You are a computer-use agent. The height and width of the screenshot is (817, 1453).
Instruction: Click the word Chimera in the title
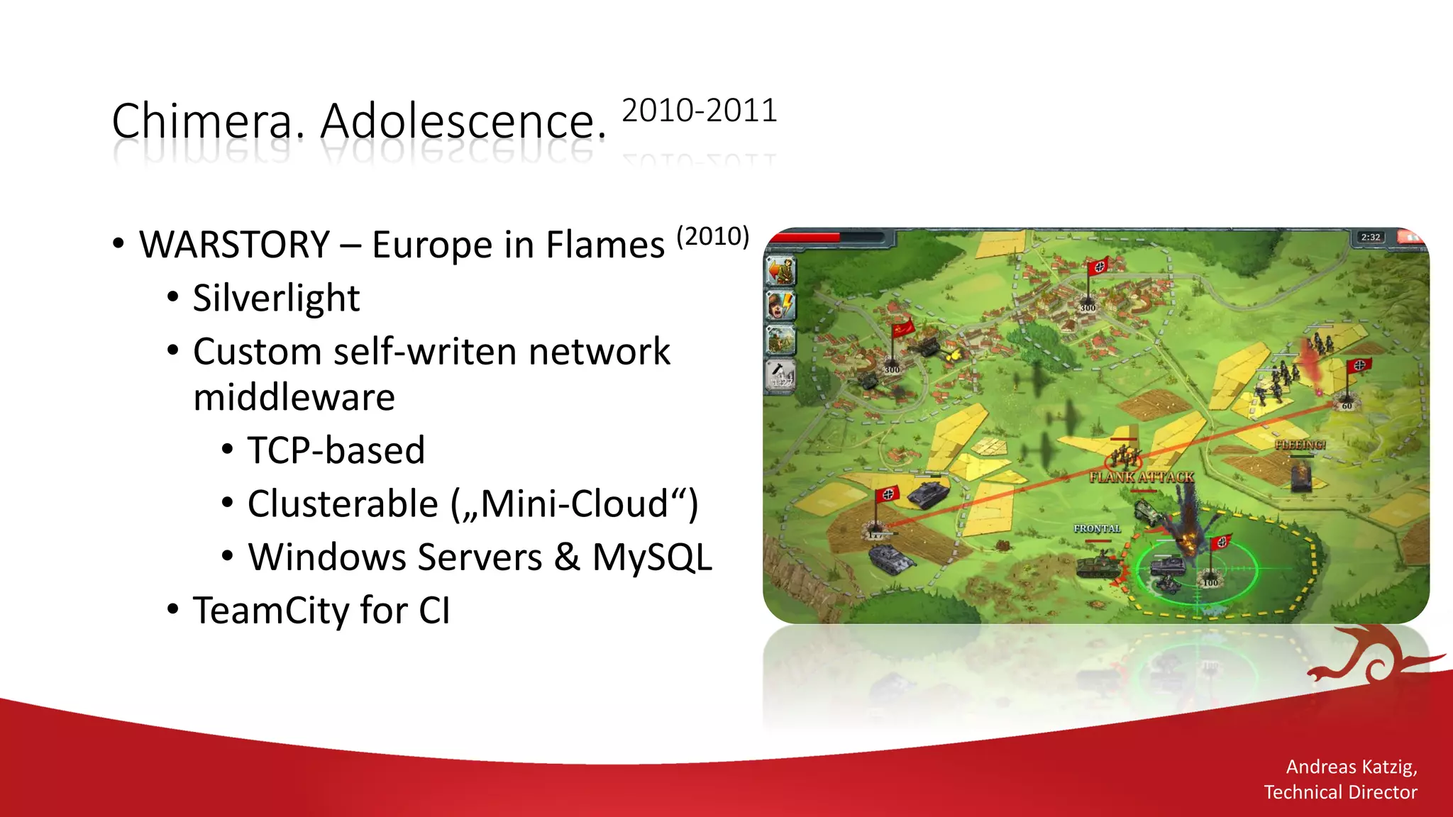[x=201, y=122]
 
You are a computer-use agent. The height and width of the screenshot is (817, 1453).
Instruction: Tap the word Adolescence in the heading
[x=463, y=122]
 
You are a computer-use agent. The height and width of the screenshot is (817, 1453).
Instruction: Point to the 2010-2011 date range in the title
[x=700, y=111]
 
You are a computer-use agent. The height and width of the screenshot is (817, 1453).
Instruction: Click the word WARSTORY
[x=235, y=245]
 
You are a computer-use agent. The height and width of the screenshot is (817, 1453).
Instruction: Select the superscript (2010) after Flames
[x=712, y=236]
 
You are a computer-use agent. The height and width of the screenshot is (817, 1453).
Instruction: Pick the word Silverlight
[x=276, y=299]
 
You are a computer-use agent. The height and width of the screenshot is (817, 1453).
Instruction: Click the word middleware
[x=294, y=397]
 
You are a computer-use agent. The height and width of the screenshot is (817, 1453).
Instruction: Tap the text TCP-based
[x=336, y=450]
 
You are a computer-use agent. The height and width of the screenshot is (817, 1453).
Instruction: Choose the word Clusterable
[x=343, y=504]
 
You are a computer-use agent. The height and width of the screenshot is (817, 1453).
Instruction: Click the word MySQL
[x=652, y=557]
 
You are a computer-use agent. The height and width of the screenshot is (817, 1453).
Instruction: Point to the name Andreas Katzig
[x=1351, y=767]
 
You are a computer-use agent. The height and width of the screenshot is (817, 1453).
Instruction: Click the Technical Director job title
[x=1339, y=792]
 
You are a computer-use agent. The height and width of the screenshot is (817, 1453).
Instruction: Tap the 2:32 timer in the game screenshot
[x=1370, y=238]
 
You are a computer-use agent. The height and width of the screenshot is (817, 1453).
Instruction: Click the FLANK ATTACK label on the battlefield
[x=1142, y=477]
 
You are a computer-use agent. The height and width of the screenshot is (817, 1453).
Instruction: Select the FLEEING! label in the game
[x=1300, y=445]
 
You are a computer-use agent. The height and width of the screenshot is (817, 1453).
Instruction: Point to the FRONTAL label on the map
[x=1097, y=529]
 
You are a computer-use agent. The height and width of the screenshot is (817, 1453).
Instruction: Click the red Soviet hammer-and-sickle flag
[x=902, y=329]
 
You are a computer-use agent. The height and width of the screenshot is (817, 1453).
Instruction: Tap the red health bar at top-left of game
[x=805, y=238]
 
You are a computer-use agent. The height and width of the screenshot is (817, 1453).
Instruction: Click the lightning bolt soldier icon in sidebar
[x=781, y=306]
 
